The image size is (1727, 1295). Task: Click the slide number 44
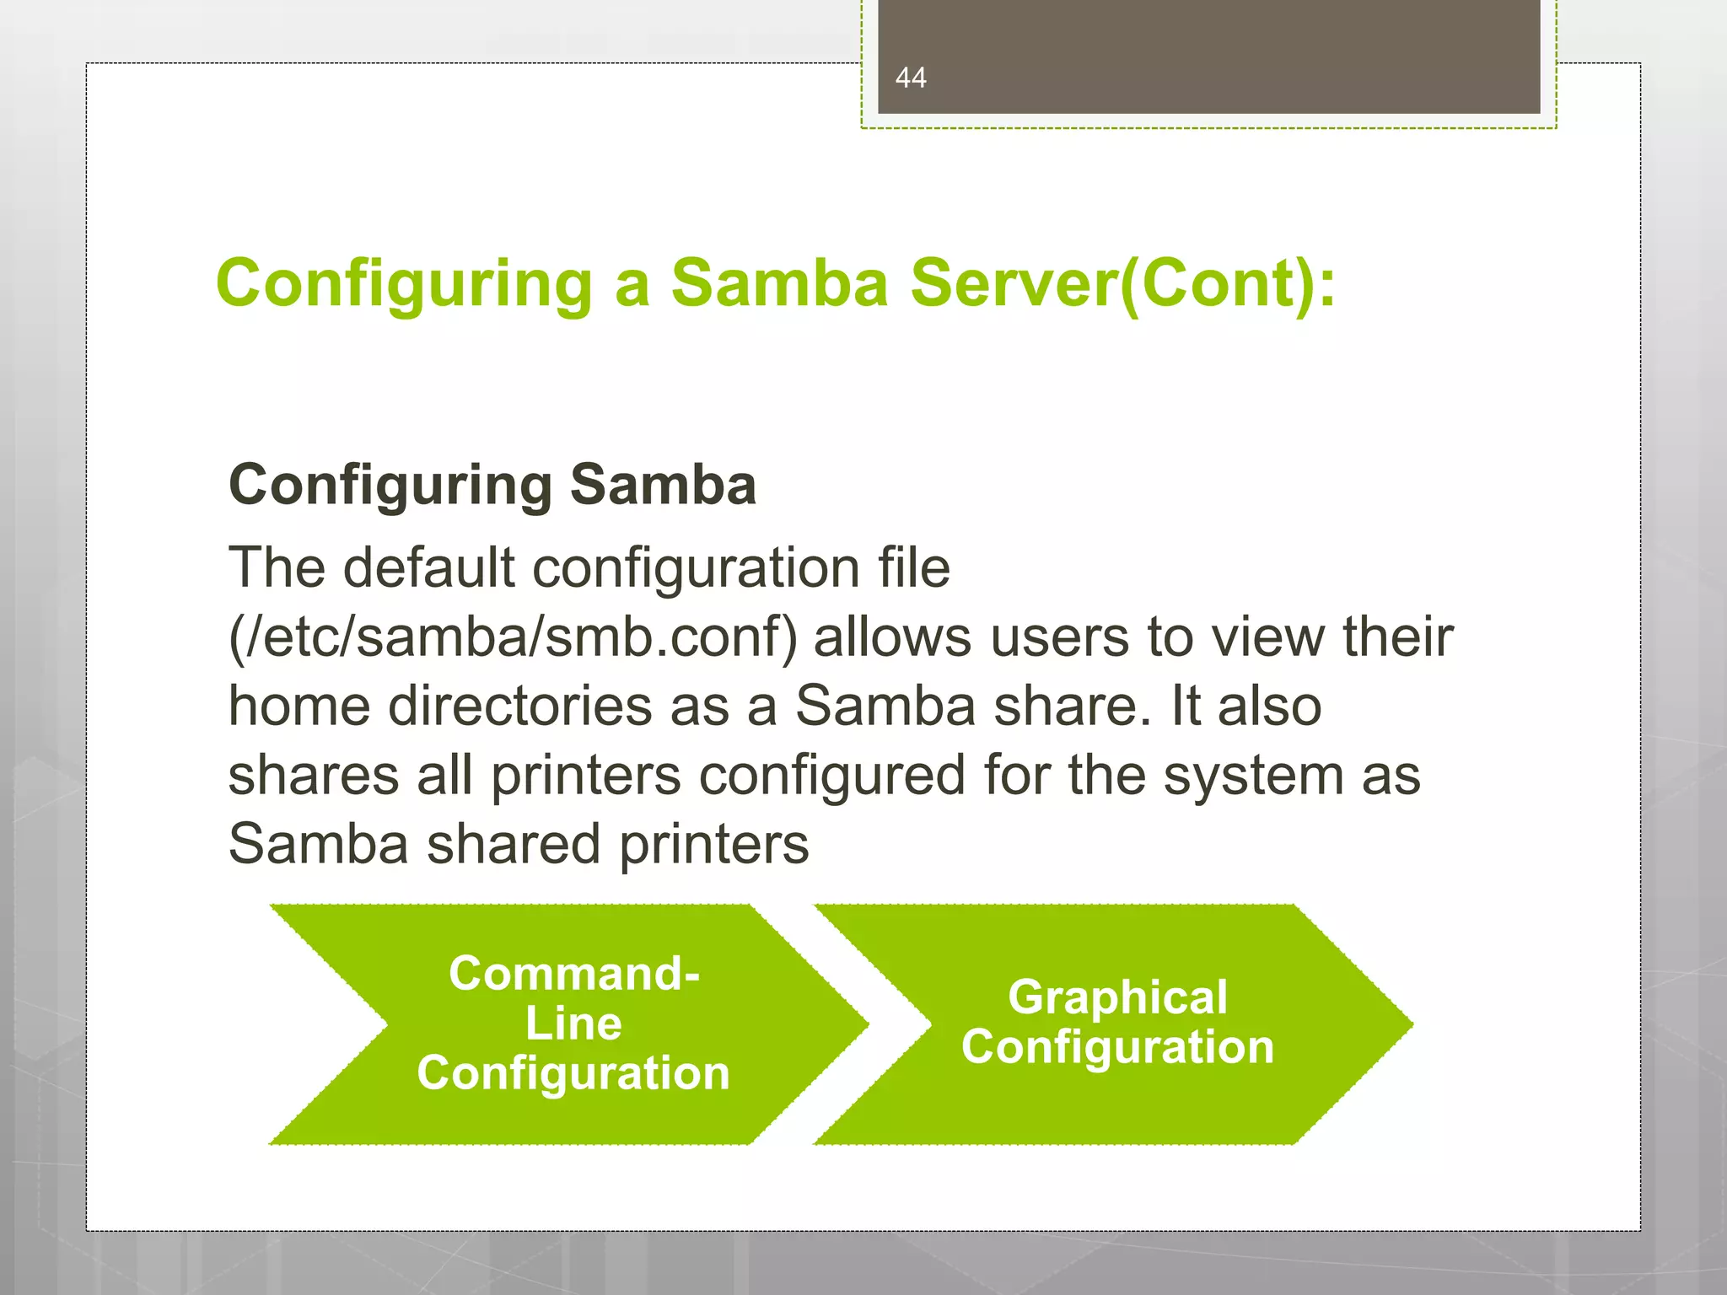coord(911,78)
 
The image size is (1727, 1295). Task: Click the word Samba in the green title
coord(779,283)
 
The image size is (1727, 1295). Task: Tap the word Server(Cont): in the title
coord(1122,285)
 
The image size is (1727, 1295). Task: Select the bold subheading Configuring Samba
coord(492,486)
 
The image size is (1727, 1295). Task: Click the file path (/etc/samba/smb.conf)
coord(513,637)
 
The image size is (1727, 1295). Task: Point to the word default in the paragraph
coord(428,567)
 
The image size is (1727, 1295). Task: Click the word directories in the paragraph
coord(519,707)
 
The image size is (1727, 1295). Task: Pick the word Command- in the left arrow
coord(574,974)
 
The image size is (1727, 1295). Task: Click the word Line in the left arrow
coord(573,1024)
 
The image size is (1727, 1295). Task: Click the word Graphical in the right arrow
coord(1117,997)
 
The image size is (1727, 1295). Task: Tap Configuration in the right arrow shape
coord(1117,1047)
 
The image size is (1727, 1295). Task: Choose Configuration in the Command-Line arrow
coord(573,1073)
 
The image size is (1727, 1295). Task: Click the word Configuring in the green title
coord(405,285)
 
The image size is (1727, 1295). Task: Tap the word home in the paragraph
coord(299,707)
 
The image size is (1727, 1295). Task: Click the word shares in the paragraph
coord(314,776)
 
